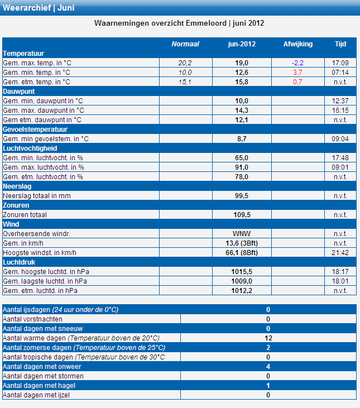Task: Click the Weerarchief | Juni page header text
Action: [x=39, y=8]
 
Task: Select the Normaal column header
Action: [x=185, y=44]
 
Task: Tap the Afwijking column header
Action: [x=298, y=44]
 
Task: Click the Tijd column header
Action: [x=340, y=44]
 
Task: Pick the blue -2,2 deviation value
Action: [x=297, y=63]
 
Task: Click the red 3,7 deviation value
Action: [x=297, y=73]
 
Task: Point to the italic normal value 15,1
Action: [x=185, y=82]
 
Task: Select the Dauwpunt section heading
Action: [x=19, y=92]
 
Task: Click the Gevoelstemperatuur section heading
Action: [x=35, y=129]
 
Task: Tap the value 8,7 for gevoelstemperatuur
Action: [x=242, y=139]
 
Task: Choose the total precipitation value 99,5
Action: [x=242, y=196]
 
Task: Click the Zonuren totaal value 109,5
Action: [x=242, y=215]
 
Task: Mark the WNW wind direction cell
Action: [x=242, y=234]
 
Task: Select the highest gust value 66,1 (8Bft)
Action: [x=242, y=253]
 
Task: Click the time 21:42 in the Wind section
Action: [x=340, y=253]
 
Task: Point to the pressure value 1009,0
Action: [x=242, y=281]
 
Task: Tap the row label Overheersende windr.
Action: [x=36, y=234]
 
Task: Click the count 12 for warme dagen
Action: [x=268, y=338]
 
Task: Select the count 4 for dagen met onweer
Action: [x=268, y=367]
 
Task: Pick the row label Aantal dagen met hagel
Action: [x=39, y=386]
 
